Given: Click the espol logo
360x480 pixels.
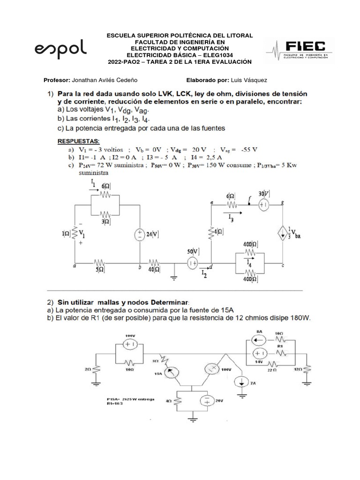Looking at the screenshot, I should coord(60,49).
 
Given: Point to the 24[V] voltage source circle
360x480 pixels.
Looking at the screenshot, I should coord(140,235).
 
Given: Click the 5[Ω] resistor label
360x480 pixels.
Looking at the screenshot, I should coord(100,270).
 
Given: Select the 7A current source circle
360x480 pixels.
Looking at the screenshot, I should coord(242,381).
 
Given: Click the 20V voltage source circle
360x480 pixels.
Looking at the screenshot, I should coord(207,401).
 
